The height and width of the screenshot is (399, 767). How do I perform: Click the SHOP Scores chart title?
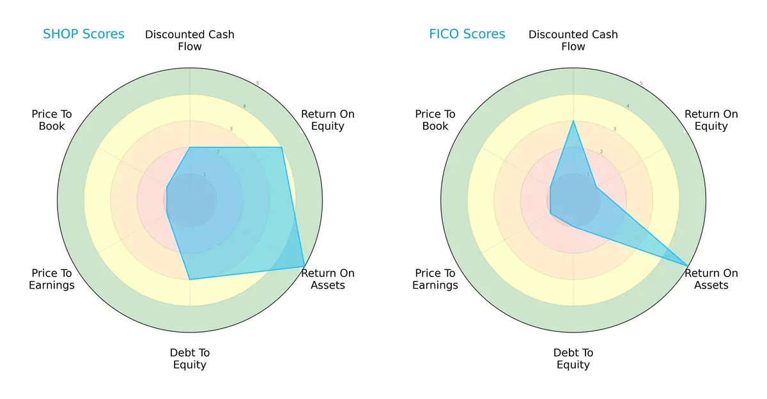(x=84, y=34)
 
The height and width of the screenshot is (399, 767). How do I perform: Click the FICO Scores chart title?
(x=467, y=34)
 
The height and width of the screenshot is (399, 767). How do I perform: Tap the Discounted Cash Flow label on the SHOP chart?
(x=190, y=40)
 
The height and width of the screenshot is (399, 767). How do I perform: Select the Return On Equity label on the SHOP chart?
(x=327, y=120)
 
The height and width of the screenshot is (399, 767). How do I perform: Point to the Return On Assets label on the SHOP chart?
(x=327, y=279)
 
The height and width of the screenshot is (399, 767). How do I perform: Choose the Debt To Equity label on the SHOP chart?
(x=190, y=359)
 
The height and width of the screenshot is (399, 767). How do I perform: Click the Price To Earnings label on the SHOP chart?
(x=52, y=279)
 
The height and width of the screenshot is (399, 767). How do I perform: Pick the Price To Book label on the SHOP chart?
(x=52, y=120)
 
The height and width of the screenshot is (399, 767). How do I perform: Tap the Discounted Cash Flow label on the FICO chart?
(x=573, y=40)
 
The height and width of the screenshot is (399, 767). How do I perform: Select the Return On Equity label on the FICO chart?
(x=711, y=120)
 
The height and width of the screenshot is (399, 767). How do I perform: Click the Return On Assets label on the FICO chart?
(x=711, y=279)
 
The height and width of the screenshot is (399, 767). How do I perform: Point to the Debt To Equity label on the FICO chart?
(x=573, y=359)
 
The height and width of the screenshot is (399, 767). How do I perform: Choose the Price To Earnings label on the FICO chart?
(x=435, y=279)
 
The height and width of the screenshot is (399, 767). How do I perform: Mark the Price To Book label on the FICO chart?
(x=435, y=120)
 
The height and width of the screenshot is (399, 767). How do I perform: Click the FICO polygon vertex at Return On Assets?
(x=688, y=266)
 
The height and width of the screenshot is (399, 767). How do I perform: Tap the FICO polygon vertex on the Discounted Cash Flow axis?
(x=573, y=121)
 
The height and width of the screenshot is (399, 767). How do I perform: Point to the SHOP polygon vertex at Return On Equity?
(x=281, y=147)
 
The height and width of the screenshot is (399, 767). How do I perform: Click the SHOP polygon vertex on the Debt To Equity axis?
(x=190, y=279)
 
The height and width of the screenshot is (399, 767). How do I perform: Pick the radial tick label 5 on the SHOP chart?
(x=258, y=84)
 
